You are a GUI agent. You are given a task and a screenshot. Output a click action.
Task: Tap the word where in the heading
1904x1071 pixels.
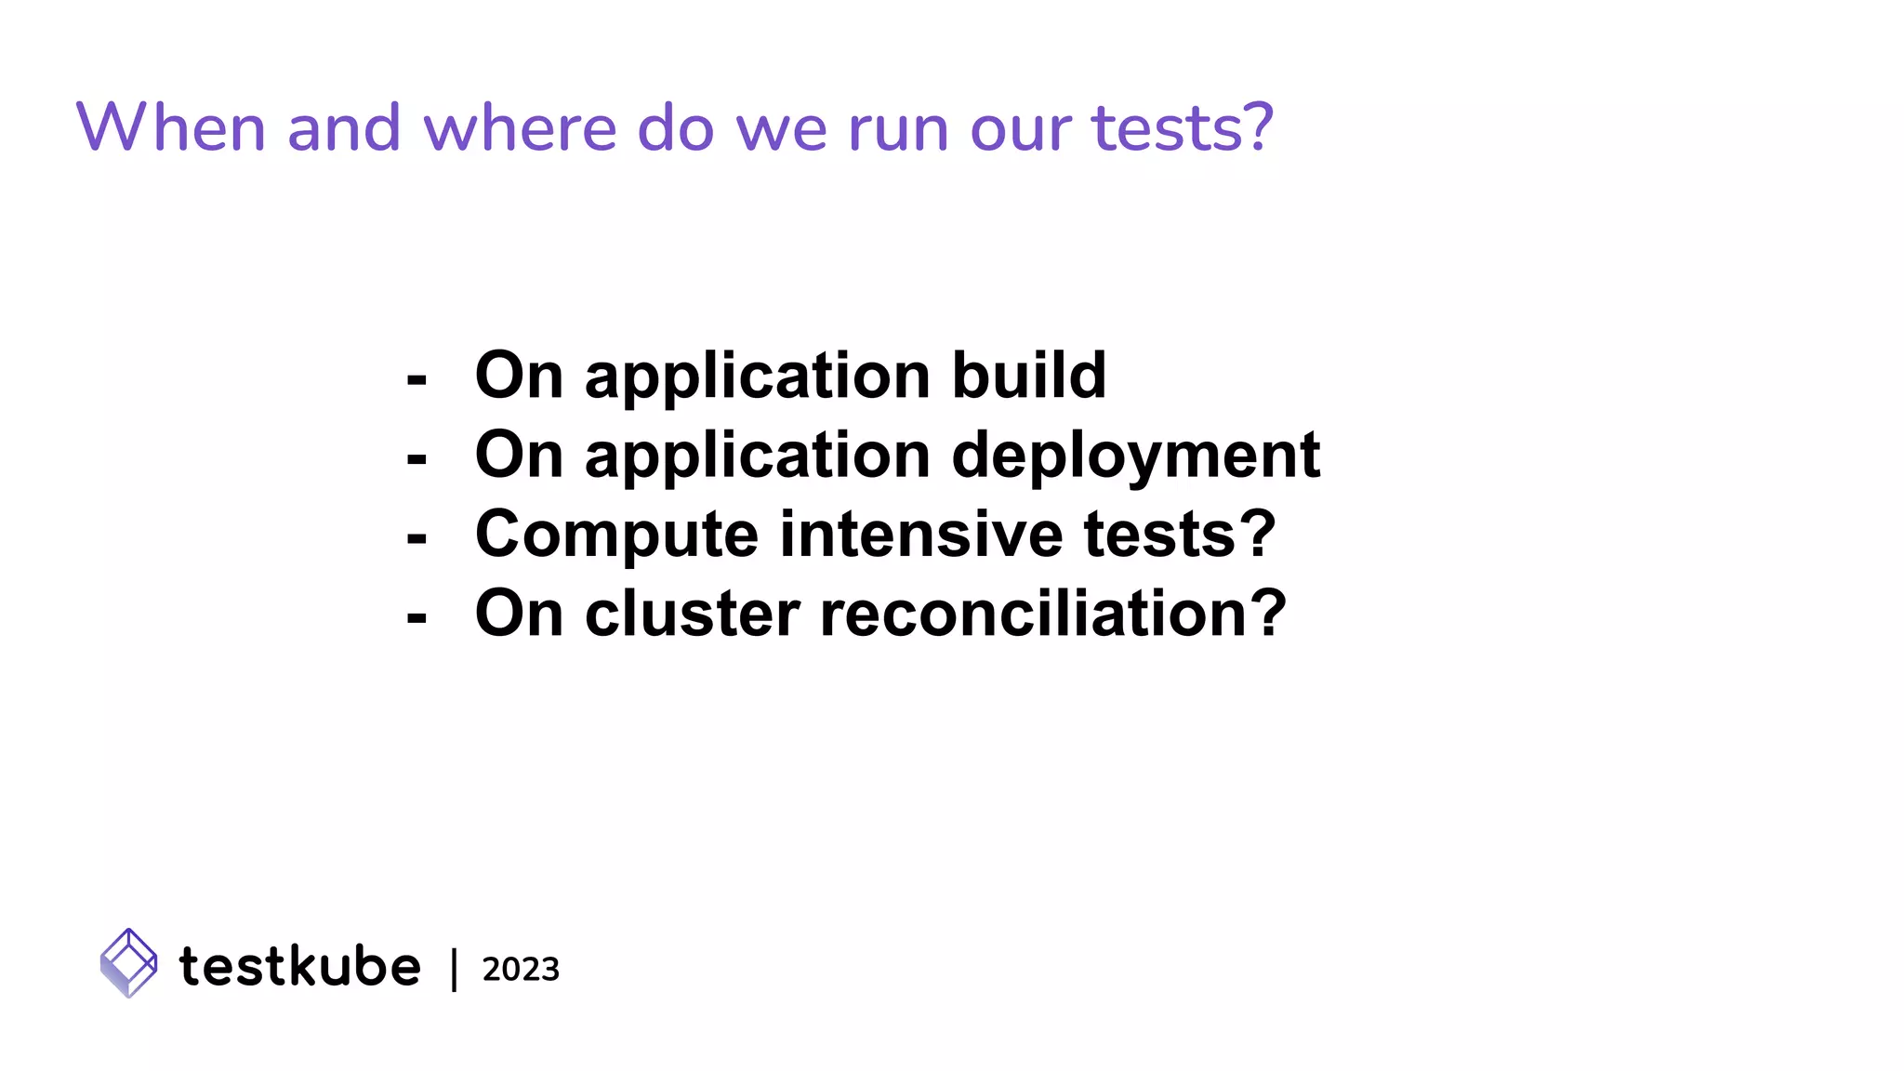pos(520,127)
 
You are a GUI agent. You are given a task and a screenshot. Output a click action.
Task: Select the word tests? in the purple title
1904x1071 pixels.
pos(1182,127)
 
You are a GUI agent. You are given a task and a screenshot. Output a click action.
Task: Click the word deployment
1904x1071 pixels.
pos(1135,456)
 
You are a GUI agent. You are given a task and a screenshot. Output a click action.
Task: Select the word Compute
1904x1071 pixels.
pos(616,535)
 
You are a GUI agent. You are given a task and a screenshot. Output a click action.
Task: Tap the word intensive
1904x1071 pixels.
pos(920,535)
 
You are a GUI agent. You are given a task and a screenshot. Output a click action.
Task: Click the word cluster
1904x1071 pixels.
pos(692,614)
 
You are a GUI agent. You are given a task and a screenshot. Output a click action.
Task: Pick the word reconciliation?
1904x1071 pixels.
pos(1052,614)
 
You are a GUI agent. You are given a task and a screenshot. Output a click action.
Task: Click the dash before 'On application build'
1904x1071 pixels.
pos(416,379)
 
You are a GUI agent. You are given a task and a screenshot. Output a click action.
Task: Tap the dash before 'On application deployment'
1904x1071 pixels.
pos(416,458)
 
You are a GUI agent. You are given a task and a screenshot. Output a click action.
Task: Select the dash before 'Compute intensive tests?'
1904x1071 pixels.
pos(416,537)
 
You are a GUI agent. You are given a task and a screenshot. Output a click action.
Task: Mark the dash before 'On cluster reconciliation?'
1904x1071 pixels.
pos(416,616)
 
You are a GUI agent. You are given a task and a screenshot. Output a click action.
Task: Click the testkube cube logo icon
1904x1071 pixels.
pos(128,963)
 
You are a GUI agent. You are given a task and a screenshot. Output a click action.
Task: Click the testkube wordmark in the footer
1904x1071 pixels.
pos(299,966)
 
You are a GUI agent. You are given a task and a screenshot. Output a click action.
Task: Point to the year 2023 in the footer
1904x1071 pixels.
pos(521,970)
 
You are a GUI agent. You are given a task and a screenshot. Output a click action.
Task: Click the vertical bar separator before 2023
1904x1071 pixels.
pos(454,969)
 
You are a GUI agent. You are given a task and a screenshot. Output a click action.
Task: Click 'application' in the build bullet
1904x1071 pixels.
pos(757,376)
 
